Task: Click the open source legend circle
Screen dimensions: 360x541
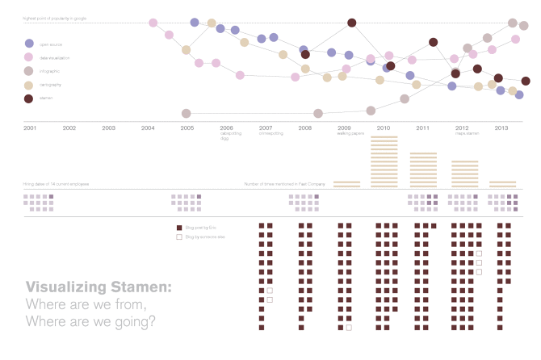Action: pos(29,44)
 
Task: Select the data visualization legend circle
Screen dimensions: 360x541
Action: pos(29,57)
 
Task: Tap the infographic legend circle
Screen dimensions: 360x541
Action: pos(29,71)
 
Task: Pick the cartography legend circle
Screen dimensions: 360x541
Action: pos(29,85)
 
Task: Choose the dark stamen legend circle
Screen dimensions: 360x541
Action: pos(29,98)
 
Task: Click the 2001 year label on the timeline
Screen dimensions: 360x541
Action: pos(30,128)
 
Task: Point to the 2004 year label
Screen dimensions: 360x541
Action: pos(148,128)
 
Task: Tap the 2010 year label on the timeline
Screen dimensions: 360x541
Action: pos(384,128)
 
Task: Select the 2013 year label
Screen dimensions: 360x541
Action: pos(501,128)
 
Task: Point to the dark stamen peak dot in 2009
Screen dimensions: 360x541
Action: pos(352,23)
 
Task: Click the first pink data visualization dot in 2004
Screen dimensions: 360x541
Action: pos(153,23)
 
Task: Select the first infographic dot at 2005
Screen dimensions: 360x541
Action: pos(187,114)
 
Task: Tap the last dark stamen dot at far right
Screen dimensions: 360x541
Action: pos(526,81)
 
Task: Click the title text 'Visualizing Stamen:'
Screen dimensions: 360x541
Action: pos(99,287)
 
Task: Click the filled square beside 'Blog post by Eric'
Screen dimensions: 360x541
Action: pos(179,228)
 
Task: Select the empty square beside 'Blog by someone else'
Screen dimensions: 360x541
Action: pos(179,237)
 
